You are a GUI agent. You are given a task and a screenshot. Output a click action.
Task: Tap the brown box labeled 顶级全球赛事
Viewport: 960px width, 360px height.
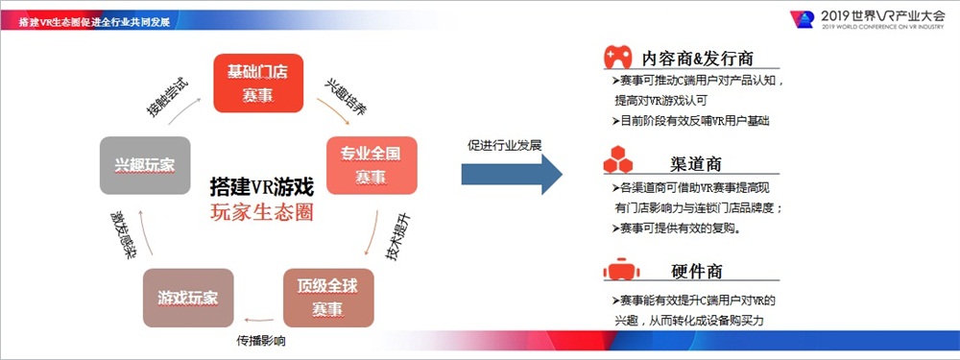coord(328,298)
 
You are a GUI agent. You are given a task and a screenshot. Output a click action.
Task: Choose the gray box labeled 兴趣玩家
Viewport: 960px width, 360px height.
coord(145,166)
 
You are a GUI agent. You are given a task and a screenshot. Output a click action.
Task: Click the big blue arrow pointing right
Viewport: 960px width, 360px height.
coord(510,175)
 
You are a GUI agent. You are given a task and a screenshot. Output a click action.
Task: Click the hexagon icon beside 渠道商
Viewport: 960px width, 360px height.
coord(617,158)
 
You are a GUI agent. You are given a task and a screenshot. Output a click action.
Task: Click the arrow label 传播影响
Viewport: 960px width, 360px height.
coord(261,341)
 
